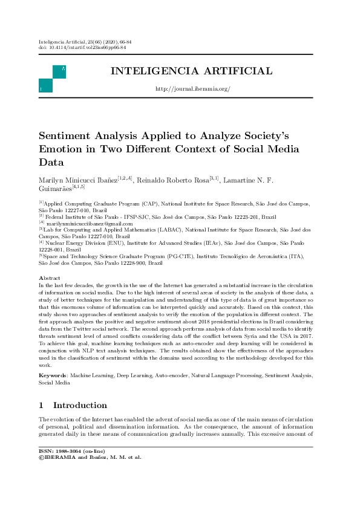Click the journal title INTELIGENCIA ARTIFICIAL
pos(191,71)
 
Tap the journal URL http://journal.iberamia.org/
pos(193,89)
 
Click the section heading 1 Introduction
pos(73,405)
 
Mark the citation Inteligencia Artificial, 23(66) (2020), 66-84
pos(85,42)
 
